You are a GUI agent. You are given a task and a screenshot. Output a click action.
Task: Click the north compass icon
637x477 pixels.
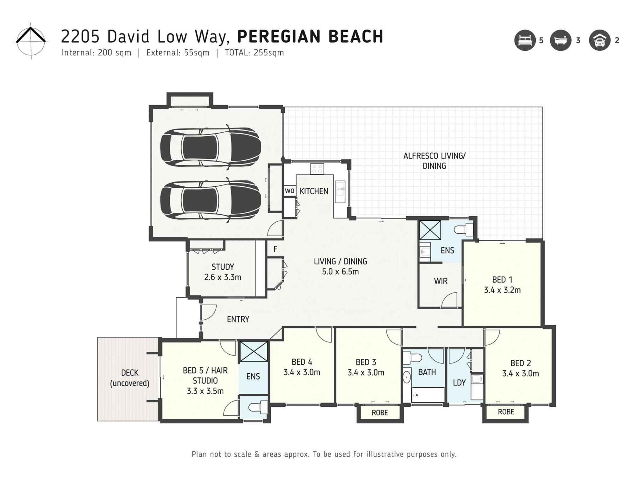coord(31,41)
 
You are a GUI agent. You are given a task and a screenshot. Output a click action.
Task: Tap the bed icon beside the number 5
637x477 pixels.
coord(525,40)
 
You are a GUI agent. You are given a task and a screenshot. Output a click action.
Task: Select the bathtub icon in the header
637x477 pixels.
coord(560,40)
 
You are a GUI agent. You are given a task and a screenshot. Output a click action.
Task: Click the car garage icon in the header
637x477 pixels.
coord(599,40)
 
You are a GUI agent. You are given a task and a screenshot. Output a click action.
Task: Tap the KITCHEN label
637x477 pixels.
coord(314,191)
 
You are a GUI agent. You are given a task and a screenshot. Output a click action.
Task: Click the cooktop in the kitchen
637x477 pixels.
coord(317,169)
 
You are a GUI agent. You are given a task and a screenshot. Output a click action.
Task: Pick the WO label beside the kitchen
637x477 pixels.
coord(290,191)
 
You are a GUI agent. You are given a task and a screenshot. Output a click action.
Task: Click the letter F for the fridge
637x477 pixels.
coord(275,249)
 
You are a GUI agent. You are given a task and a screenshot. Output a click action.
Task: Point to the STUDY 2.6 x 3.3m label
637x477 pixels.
coord(223,272)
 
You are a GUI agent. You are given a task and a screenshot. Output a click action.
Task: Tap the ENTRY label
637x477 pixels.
coord(238,319)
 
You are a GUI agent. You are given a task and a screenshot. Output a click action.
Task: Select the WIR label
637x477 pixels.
coord(440,281)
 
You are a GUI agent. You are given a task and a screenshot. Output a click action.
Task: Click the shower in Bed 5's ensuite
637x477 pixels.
coord(254,351)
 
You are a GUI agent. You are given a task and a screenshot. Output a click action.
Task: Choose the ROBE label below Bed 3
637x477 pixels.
coord(380,413)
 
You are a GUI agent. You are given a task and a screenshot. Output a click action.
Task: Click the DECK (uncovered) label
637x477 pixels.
coord(130,378)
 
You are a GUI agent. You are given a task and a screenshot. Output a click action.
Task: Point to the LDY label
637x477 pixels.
coord(459,383)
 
